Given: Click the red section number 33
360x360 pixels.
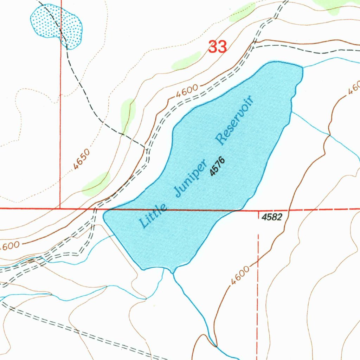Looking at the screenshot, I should tap(217, 46).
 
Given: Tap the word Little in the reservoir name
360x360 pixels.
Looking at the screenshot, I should tap(153, 215).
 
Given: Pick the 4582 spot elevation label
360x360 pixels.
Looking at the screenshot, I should tap(272, 217).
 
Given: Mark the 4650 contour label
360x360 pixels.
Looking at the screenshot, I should tap(82, 160).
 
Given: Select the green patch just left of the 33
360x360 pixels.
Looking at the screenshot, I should tap(186, 61).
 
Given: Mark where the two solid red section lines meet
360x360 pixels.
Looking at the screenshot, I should tap(60, 208).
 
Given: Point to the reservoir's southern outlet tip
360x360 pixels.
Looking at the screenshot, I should tap(172, 272).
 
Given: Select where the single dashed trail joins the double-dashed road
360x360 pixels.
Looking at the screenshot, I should tap(145, 147).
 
